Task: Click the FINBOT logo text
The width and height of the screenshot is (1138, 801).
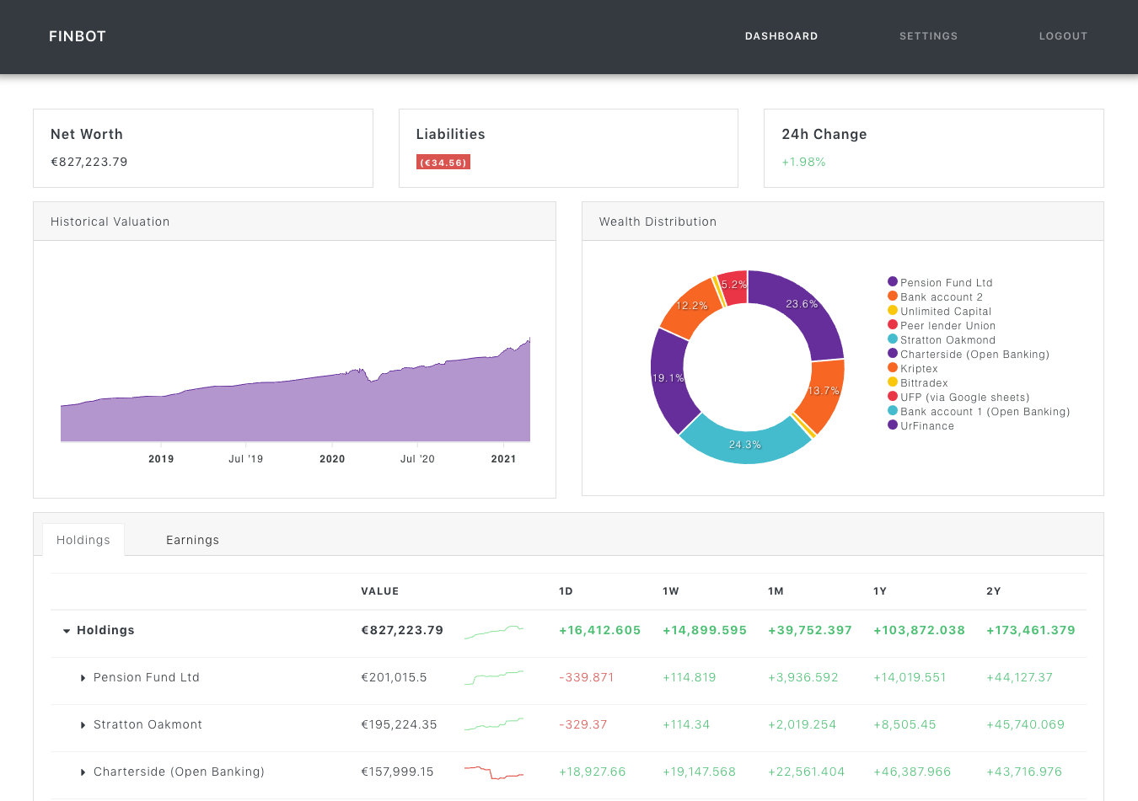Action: point(78,36)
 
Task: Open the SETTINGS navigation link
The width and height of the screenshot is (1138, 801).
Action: point(928,36)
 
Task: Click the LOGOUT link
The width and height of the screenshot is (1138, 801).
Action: point(1063,36)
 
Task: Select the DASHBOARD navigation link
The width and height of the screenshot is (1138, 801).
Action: point(781,36)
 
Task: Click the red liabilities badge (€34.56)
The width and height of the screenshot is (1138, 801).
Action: point(443,163)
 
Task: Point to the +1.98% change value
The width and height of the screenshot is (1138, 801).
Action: point(803,162)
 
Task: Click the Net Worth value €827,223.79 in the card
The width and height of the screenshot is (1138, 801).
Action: point(89,162)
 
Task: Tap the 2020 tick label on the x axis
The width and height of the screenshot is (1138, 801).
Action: point(332,459)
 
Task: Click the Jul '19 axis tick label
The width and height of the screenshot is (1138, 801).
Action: point(246,459)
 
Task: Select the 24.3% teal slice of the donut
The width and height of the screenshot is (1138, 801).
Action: point(744,443)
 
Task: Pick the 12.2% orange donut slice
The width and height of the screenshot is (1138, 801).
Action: point(692,307)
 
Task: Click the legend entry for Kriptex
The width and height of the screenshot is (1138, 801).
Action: point(919,369)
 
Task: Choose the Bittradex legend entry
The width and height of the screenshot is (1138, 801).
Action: point(924,383)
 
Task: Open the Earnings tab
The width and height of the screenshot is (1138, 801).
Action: point(192,540)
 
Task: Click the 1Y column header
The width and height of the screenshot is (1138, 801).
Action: point(880,591)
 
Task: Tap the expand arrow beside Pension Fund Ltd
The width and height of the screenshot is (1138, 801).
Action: point(83,678)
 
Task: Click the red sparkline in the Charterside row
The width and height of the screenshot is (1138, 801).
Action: point(494,772)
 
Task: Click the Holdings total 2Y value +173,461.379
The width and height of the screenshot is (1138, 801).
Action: point(1031,630)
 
